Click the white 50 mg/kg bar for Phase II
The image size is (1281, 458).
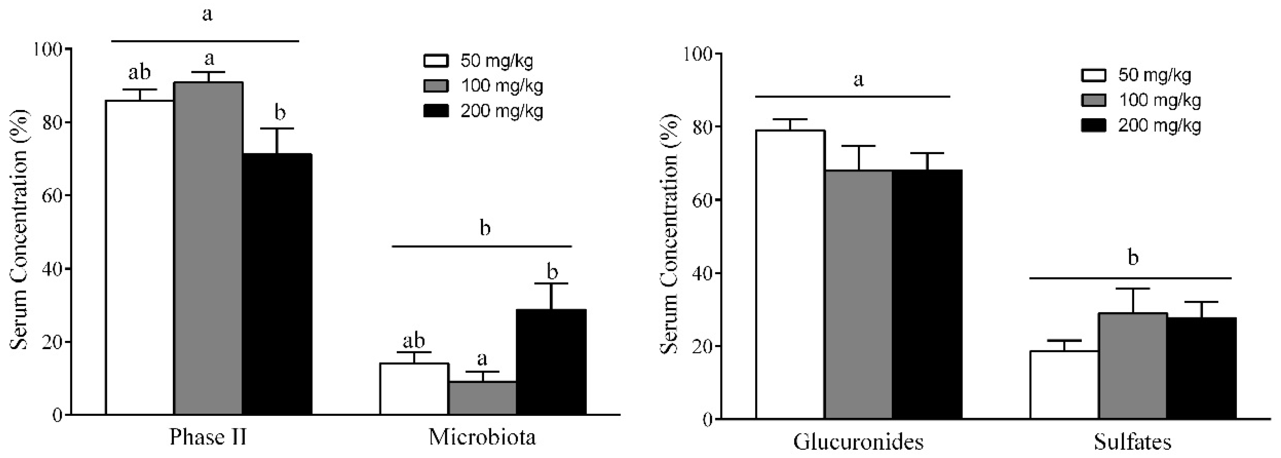tap(139, 256)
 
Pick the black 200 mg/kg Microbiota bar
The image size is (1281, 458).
tap(551, 362)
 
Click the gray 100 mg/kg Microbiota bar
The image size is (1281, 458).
tap(482, 398)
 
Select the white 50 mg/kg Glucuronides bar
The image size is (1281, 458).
tap(790, 274)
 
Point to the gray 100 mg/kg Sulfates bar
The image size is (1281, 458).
tap(1132, 366)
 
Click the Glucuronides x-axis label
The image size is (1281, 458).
tap(858, 441)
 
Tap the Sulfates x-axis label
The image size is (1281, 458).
tap(1132, 441)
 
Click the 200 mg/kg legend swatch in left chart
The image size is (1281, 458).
tap(436, 110)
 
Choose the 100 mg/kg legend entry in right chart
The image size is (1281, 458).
tap(1159, 101)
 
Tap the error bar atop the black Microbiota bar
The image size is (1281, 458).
tap(551, 296)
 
